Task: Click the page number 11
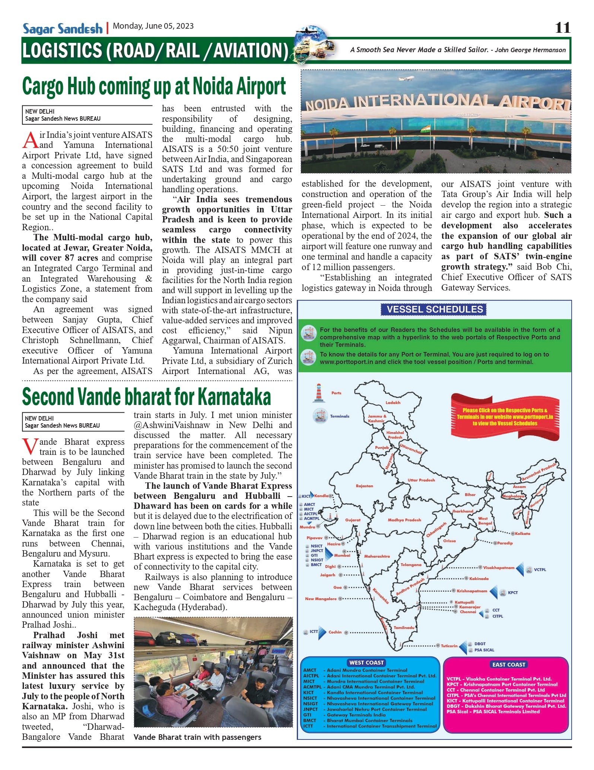[x=562, y=28]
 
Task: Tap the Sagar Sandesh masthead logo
[x=62, y=29]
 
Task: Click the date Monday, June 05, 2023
[x=153, y=26]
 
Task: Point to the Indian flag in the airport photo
[x=425, y=129]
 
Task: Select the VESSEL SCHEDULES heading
[x=434, y=309]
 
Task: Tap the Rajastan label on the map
[x=364, y=486]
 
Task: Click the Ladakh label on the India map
[x=393, y=403]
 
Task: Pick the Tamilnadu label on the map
[x=404, y=627]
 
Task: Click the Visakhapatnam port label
[x=498, y=568]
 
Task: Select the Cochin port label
[x=335, y=632]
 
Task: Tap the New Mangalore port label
[x=321, y=599]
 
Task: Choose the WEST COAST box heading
[x=366, y=662]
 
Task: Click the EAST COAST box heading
[x=508, y=664]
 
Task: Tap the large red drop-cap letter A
[x=30, y=140]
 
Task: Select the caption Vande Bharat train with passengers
[x=197, y=737]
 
